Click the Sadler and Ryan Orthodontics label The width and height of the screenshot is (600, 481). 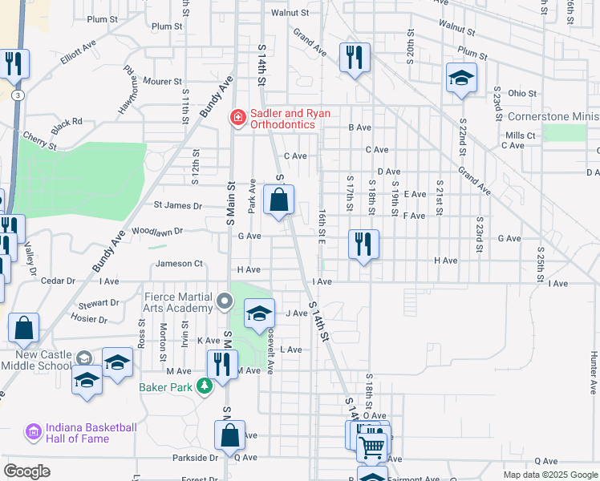tap(289, 119)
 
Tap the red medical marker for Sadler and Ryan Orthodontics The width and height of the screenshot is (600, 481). tap(237, 119)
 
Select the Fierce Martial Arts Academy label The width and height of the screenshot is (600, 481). tap(177, 302)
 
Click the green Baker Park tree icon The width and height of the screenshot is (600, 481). tap(205, 386)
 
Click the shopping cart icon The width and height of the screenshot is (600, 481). tap(372, 447)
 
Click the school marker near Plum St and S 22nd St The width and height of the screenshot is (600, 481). tap(461, 78)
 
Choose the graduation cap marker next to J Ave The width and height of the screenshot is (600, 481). tap(259, 313)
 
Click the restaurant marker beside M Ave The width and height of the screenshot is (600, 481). tap(222, 364)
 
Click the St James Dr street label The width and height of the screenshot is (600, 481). tap(178, 205)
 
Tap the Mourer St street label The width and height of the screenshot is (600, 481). tap(163, 81)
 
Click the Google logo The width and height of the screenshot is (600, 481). tap(26, 471)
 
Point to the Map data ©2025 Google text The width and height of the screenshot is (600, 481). tap(550, 475)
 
